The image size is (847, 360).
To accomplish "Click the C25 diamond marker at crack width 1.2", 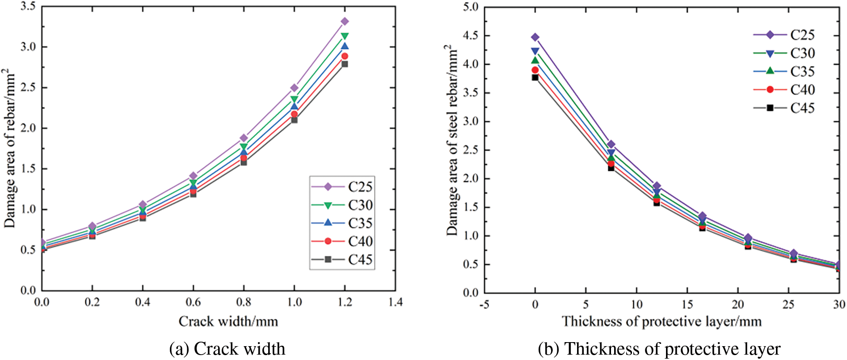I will pyautogui.click(x=345, y=21).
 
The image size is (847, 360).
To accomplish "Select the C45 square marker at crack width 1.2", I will pyautogui.click(x=345, y=64).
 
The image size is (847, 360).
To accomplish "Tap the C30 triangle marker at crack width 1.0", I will pyautogui.click(x=294, y=99).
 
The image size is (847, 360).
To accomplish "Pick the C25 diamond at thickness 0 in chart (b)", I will pyautogui.click(x=535, y=37).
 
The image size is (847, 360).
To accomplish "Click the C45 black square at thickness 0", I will pyautogui.click(x=535, y=77).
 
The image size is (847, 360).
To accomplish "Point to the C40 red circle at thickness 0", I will pyautogui.click(x=535, y=70).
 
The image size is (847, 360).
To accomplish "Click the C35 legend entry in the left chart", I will pyautogui.click(x=342, y=223).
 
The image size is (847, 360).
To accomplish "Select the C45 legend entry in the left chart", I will pyautogui.click(x=342, y=259).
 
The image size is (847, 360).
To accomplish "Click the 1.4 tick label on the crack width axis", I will pyautogui.click(x=395, y=303).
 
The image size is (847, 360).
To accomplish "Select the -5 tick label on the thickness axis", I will pyautogui.click(x=484, y=305).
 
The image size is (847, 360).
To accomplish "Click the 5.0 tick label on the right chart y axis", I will pyautogui.click(x=470, y=7).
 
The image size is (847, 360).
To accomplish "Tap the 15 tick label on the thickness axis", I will pyautogui.click(x=687, y=305).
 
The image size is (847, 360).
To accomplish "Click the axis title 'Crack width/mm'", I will pyautogui.click(x=228, y=322).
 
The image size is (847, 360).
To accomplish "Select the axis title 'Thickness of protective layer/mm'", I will pyautogui.click(x=662, y=322).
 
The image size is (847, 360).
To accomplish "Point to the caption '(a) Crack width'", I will pyautogui.click(x=227, y=349).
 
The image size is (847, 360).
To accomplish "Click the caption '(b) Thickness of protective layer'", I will pyautogui.click(x=659, y=349).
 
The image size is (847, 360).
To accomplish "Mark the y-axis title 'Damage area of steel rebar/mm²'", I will pyautogui.click(x=452, y=140).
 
